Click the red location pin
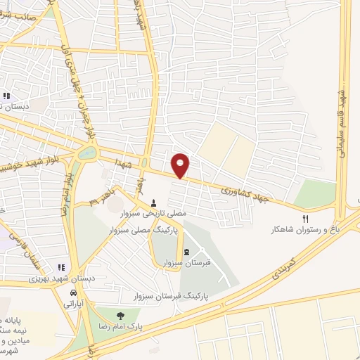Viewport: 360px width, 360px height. tap(181, 165)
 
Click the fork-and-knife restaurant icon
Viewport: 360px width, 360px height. tap(305, 219)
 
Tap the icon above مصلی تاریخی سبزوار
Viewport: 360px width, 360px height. tap(154, 202)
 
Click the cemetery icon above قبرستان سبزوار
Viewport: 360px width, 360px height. tap(186, 252)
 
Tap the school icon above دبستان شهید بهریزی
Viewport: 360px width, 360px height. tap(61, 266)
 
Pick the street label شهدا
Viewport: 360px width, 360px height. tap(125, 164)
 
